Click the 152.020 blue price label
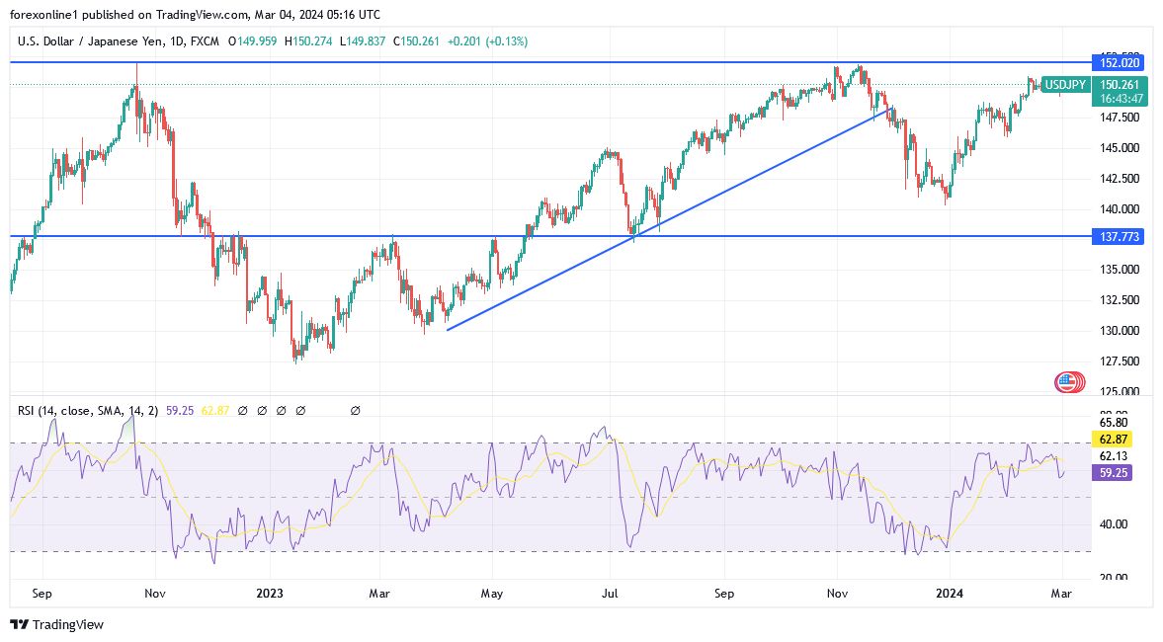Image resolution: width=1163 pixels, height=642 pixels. (1118, 62)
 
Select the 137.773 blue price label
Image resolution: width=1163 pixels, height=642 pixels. (1118, 237)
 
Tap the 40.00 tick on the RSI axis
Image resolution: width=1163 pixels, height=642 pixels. (1114, 524)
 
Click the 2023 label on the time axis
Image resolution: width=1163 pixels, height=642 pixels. (269, 595)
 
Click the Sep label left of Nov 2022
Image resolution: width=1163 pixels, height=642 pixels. (42, 595)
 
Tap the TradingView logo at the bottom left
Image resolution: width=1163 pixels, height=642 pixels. (56, 624)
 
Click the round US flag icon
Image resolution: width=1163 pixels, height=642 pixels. (1067, 382)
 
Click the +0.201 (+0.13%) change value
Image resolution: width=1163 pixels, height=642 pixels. (487, 41)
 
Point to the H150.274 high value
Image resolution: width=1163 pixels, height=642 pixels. (310, 41)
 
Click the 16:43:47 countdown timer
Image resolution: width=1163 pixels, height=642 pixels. (1118, 98)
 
